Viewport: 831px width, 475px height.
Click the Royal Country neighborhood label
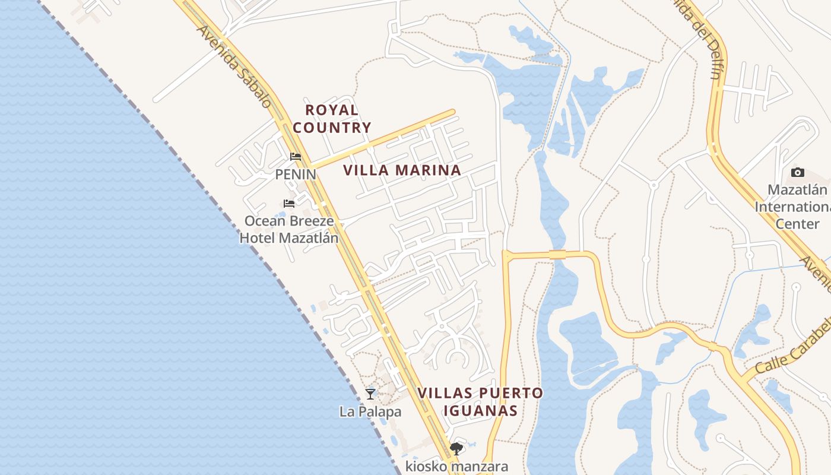point(332,119)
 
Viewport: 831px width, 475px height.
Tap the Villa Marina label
point(402,170)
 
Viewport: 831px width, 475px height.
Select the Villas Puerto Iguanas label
point(480,401)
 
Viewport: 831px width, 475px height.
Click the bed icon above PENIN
point(296,157)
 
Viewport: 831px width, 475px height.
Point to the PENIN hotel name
point(295,175)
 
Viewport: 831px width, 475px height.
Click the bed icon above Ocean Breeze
point(289,204)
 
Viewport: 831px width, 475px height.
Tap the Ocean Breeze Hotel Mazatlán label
point(289,230)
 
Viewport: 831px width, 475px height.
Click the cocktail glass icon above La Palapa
point(370,394)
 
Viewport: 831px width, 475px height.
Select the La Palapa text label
point(370,411)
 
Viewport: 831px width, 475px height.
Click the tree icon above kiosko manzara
point(456,449)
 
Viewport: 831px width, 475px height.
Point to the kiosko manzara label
point(456,466)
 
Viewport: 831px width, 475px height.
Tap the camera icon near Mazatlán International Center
point(798,173)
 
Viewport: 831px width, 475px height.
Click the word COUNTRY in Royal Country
point(332,128)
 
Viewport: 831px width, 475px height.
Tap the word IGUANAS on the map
point(480,410)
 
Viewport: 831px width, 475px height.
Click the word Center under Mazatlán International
point(797,224)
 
